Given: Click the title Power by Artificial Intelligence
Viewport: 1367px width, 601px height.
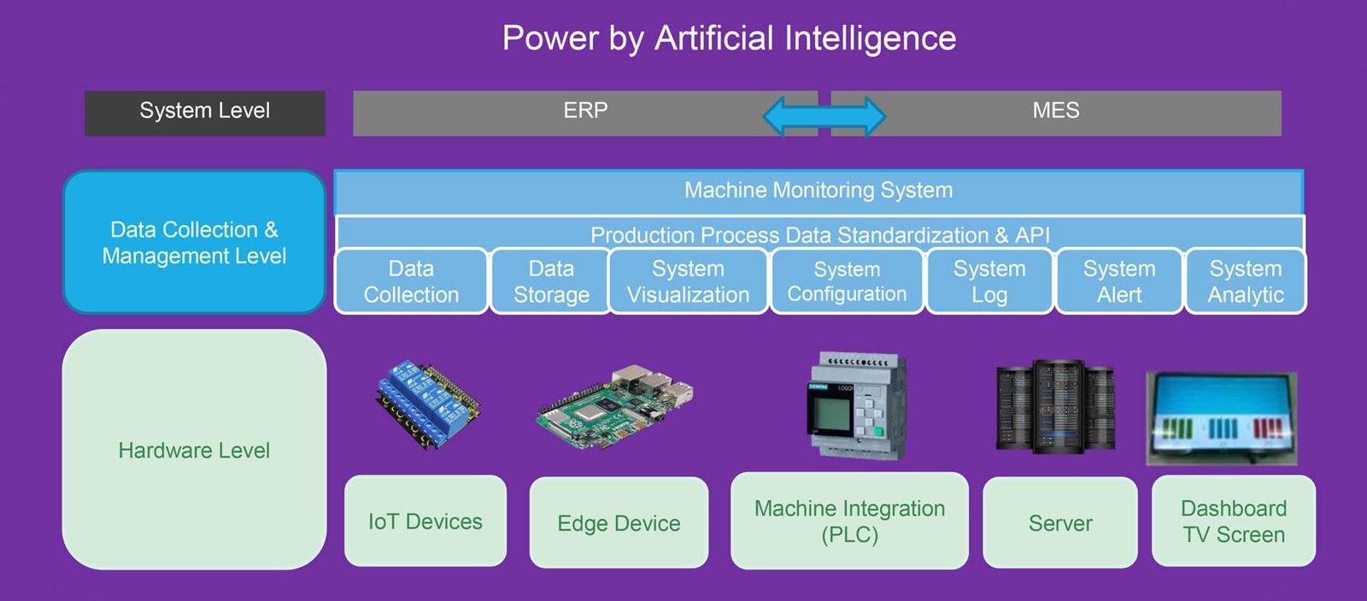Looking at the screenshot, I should [729, 38].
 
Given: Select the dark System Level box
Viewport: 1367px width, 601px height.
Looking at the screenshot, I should [205, 113].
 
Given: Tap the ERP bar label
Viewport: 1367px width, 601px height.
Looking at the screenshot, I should [585, 111].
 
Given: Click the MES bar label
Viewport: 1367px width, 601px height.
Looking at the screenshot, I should [1056, 111].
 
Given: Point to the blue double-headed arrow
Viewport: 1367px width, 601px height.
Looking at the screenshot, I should [824, 116].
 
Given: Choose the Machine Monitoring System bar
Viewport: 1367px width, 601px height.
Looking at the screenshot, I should [818, 191].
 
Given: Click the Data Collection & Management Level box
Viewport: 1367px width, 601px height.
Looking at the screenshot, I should [194, 243].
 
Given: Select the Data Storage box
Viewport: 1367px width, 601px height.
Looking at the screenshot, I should [551, 281].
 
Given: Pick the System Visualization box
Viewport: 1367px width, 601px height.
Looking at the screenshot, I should [688, 281].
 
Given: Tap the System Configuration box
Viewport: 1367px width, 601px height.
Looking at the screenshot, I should [847, 281].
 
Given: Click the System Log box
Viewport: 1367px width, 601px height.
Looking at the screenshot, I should [989, 281].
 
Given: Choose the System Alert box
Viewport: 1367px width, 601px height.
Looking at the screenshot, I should [1119, 281].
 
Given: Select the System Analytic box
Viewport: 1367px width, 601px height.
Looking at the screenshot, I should [1246, 281].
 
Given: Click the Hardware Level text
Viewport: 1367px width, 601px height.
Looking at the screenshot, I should [194, 451].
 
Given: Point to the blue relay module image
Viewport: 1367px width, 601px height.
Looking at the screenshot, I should [426, 403].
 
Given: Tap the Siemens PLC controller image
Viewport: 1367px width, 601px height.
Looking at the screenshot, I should [857, 407].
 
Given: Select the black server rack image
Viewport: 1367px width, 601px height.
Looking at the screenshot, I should [1056, 407].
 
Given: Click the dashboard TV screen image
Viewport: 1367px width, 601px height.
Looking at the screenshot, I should [1222, 418].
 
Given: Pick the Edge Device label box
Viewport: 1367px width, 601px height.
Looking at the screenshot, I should [619, 523].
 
